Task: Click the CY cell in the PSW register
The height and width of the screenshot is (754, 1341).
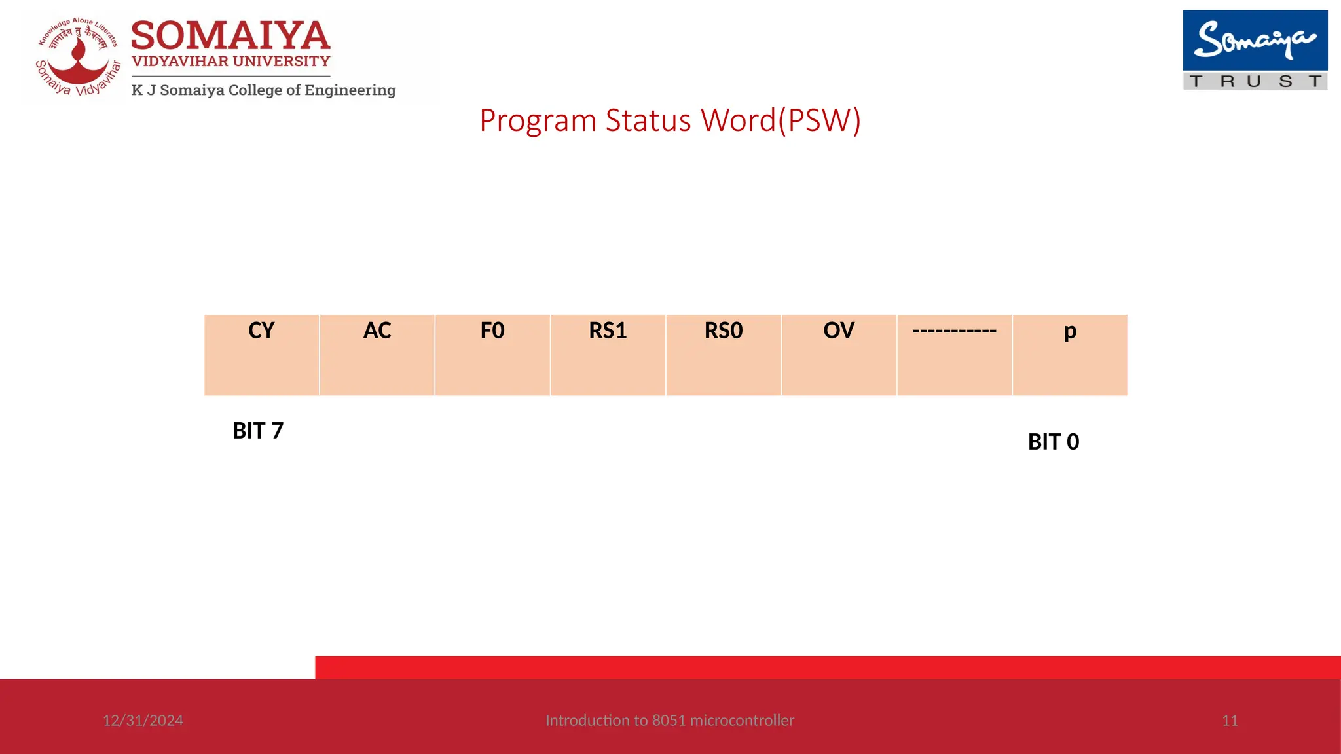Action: tap(261, 355)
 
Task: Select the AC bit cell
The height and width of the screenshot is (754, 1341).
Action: tap(377, 355)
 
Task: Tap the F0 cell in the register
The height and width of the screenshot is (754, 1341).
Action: tap(492, 355)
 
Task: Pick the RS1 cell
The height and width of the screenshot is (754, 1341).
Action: tap(608, 355)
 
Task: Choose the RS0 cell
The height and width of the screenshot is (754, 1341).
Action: tap(724, 355)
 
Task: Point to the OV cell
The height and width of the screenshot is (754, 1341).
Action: tap(839, 355)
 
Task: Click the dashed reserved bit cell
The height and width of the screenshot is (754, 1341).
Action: tap(954, 355)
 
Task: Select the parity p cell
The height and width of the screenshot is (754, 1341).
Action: tap(1070, 355)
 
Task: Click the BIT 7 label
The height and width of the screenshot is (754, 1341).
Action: tap(258, 431)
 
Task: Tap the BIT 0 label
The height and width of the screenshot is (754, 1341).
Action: tap(1054, 442)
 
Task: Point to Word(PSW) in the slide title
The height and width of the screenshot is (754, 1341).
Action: tap(781, 121)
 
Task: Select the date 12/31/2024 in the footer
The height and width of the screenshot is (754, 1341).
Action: tap(143, 721)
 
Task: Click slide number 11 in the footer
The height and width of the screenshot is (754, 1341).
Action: tap(1230, 721)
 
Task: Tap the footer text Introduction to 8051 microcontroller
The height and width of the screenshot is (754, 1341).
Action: tap(670, 721)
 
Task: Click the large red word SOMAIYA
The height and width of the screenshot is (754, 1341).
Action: tap(230, 36)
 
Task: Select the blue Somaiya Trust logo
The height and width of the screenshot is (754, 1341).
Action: tap(1255, 50)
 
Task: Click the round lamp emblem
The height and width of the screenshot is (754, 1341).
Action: tap(79, 58)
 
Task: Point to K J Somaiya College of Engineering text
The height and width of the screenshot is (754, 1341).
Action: tap(263, 90)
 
